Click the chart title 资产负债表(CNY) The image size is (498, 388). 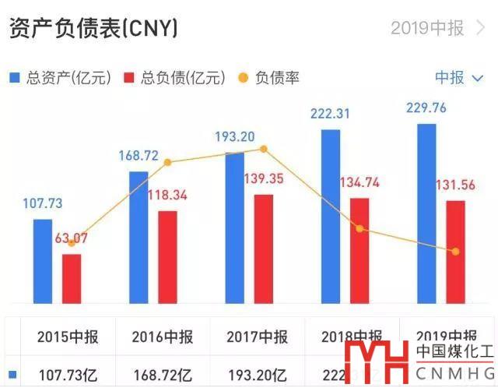[93, 29]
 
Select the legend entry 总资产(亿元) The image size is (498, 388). [61, 78]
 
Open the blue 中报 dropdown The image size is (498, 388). [458, 77]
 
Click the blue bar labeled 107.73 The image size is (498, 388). [43, 261]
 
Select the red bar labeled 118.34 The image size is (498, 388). [167, 257]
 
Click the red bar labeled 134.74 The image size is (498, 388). [359, 250]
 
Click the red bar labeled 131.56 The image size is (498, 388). [455, 251]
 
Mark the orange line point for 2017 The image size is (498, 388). [264, 149]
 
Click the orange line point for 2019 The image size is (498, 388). [455, 251]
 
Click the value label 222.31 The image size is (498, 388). [330, 114]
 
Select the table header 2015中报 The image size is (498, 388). [68, 337]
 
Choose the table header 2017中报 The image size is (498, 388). [258, 337]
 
